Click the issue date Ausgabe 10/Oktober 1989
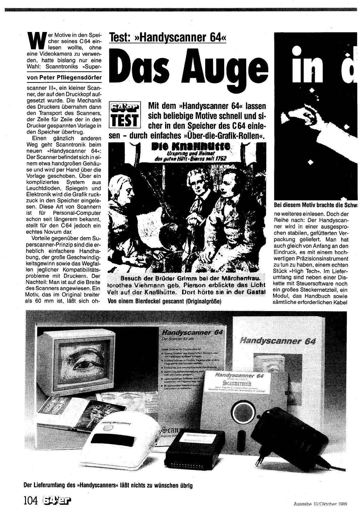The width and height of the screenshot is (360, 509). coord(320,504)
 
